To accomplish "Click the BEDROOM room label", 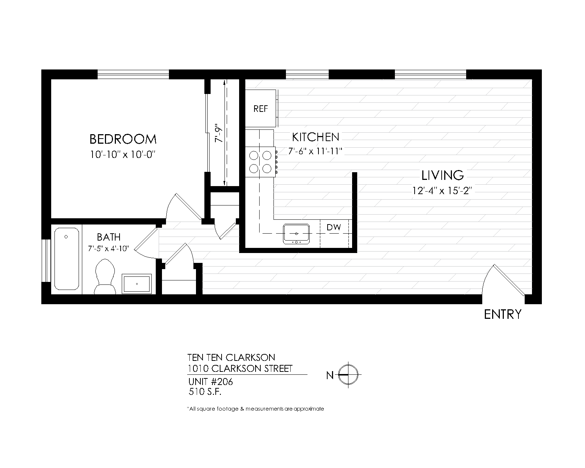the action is pyautogui.click(x=123, y=139).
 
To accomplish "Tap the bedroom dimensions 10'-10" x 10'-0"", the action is pyautogui.click(x=122, y=155).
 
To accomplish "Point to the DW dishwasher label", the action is pyautogui.click(x=333, y=227).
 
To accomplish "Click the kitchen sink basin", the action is pyautogui.click(x=296, y=234).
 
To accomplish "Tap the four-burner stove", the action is pyautogui.click(x=260, y=162).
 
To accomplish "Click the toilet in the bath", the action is pyautogui.click(x=105, y=276).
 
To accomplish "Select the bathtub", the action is pyautogui.click(x=67, y=259).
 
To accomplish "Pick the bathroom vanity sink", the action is pyautogui.click(x=137, y=284).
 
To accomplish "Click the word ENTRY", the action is pyautogui.click(x=503, y=314).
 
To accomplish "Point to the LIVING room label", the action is pyautogui.click(x=442, y=175).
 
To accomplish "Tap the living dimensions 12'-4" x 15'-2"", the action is pyautogui.click(x=442, y=190).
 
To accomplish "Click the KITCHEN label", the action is pyautogui.click(x=316, y=137).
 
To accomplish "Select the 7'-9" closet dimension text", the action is pyautogui.click(x=219, y=133).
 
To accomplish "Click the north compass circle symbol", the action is pyautogui.click(x=348, y=375).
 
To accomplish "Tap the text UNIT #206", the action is pyautogui.click(x=210, y=382).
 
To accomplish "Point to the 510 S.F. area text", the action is pyautogui.click(x=205, y=392).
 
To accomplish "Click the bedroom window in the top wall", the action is pyautogui.click(x=133, y=74).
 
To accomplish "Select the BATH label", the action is pyautogui.click(x=109, y=237).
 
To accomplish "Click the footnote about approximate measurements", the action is pyautogui.click(x=255, y=409).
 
